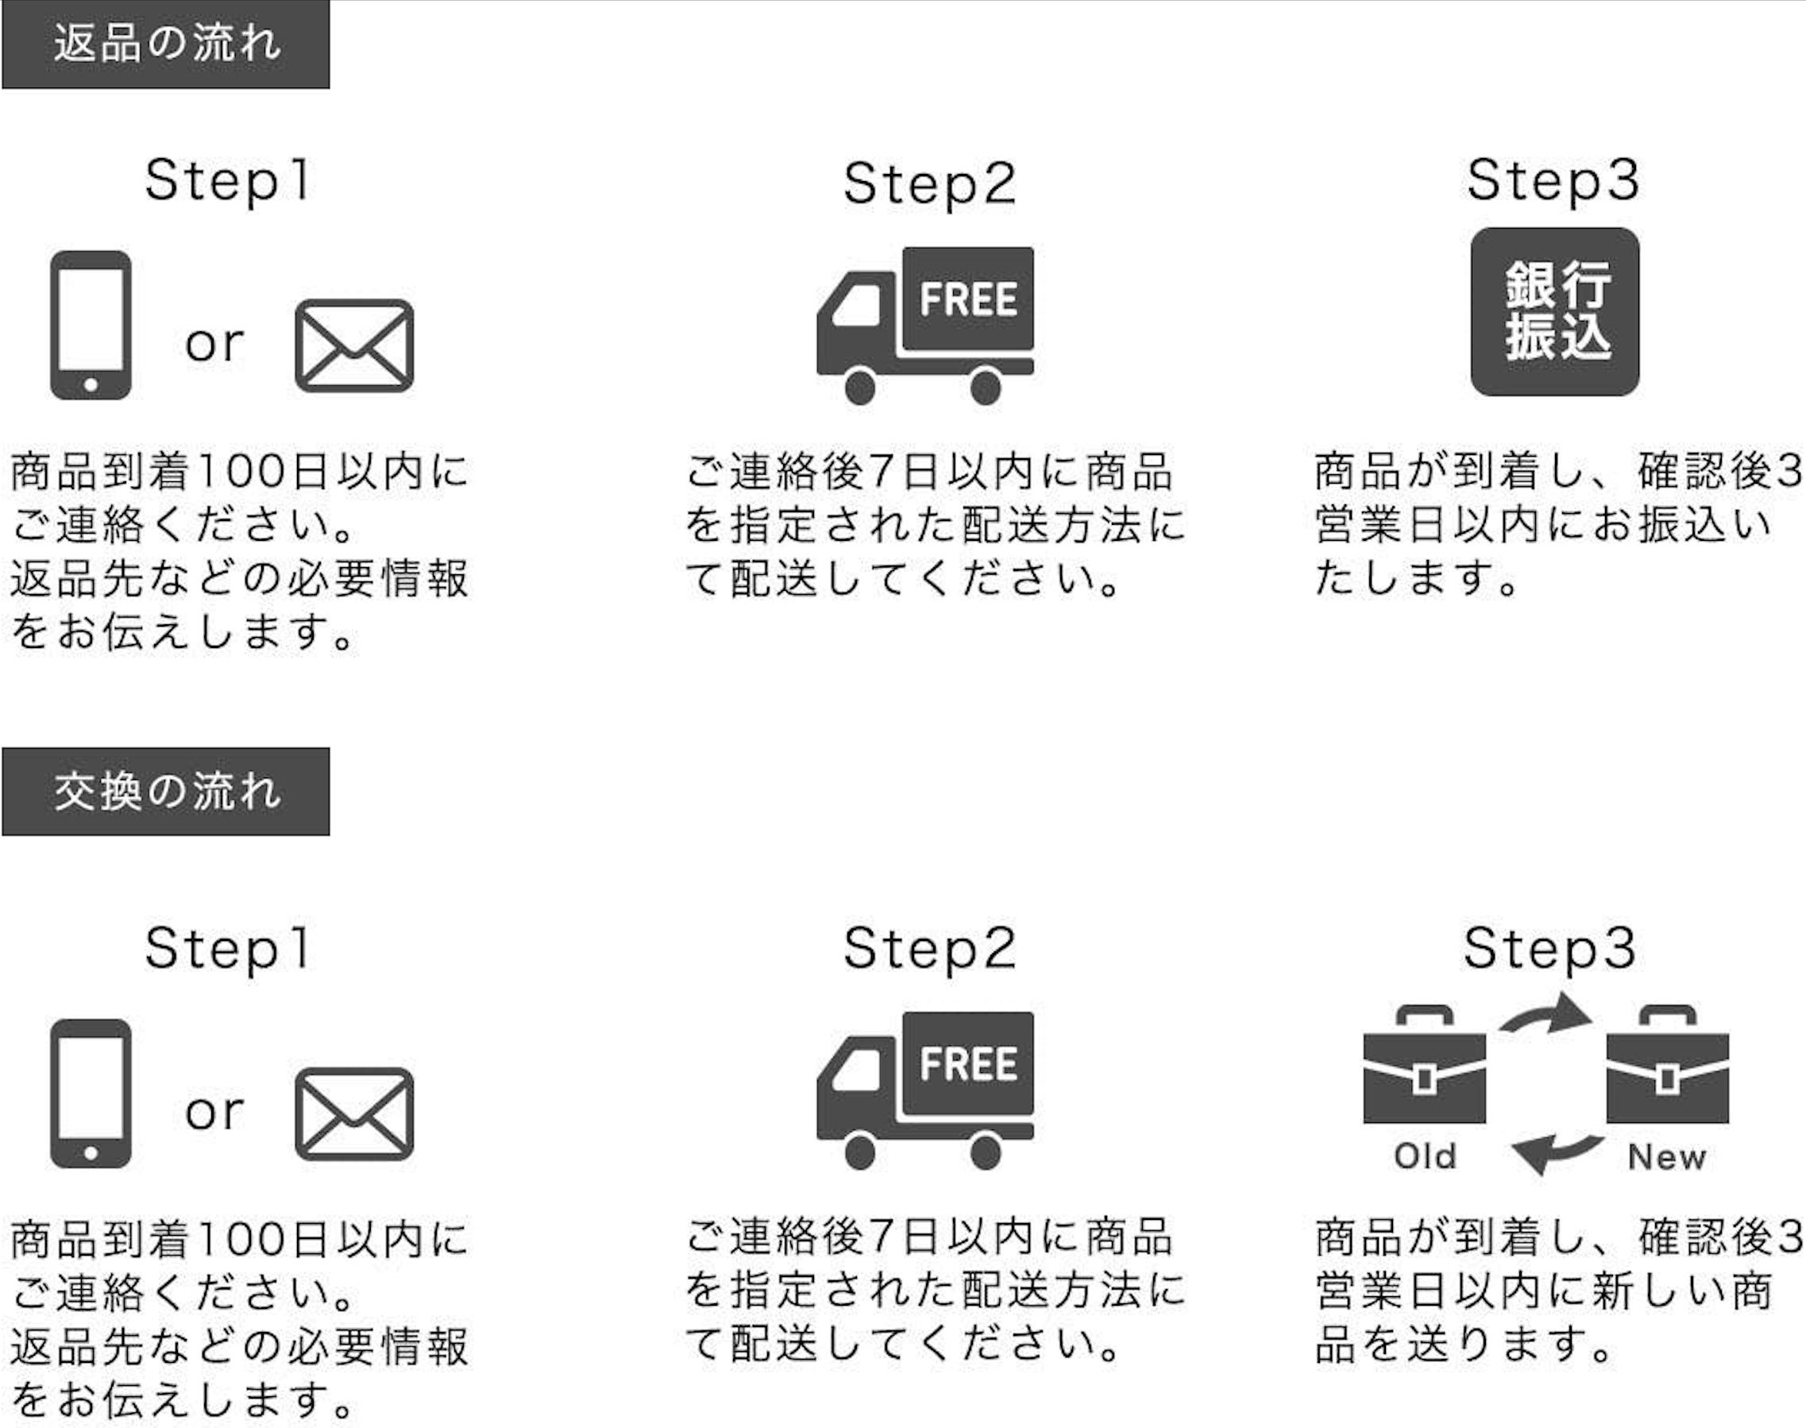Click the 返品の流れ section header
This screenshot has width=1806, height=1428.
[165, 44]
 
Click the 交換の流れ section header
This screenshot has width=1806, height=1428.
[165, 791]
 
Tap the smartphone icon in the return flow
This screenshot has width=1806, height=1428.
[91, 324]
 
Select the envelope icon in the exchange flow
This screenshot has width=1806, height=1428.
[354, 1113]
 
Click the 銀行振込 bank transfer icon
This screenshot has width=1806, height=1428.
[1554, 311]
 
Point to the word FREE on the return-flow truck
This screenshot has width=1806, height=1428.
[968, 299]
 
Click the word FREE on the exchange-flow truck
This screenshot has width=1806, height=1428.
[968, 1063]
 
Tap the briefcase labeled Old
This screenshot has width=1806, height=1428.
[1424, 1072]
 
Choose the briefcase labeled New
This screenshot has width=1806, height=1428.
[1667, 1072]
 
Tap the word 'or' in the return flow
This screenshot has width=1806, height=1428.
[214, 343]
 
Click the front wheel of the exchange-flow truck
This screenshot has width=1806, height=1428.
[860, 1152]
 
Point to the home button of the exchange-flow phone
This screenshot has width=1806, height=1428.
[91, 1153]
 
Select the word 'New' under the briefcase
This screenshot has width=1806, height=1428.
[1666, 1157]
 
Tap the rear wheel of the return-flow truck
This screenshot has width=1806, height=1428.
[986, 387]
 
